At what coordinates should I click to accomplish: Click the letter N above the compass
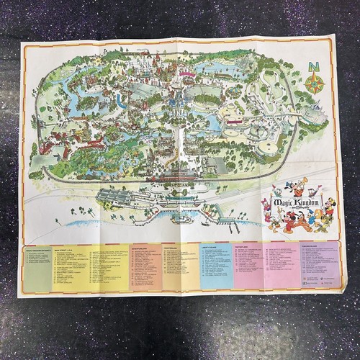pyautogui.click(x=314, y=68)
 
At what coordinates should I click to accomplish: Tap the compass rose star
pyautogui.click(x=314, y=84)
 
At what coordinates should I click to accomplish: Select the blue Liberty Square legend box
pyautogui.click(x=216, y=266)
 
